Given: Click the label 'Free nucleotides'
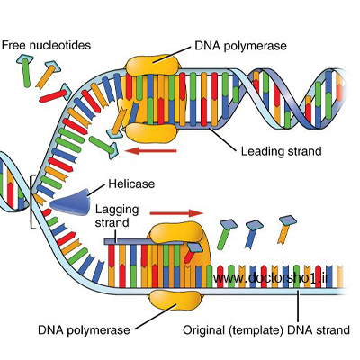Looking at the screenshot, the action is [46, 45].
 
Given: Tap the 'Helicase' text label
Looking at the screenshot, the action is [131, 184].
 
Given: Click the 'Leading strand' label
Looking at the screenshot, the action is [281, 151].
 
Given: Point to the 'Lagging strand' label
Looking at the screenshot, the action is [117, 216].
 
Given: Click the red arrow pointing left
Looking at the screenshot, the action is [151, 151].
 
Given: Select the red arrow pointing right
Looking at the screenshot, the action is [176, 213].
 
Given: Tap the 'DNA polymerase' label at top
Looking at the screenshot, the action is [240, 46].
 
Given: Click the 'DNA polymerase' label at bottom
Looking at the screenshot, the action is [84, 330].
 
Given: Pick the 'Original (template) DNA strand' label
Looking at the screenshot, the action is [266, 330].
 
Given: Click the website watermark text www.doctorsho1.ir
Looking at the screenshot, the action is [271, 278].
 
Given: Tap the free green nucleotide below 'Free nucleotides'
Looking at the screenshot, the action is [24, 71].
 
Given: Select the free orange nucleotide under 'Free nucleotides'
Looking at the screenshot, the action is [48, 75].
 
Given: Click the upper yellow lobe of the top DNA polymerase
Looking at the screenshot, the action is [153, 65].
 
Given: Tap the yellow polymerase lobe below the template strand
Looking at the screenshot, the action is [175, 301].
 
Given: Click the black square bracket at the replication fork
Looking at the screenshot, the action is [31, 202].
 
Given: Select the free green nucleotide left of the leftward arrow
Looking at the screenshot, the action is [104, 147].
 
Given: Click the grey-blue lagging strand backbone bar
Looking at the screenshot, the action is [144, 241].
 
